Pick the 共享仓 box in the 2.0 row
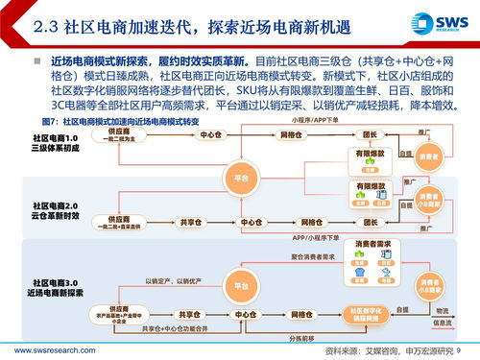pyautogui.click(x=188, y=222)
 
